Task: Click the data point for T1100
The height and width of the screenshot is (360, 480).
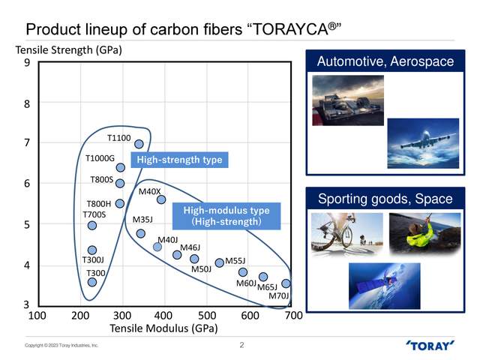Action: [139, 144]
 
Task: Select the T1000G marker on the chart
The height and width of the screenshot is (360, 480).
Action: [120, 167]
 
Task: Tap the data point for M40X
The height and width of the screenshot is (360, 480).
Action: [160, 199]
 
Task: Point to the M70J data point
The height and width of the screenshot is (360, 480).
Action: [286, 283]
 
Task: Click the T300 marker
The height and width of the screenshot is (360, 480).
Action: [92, 282]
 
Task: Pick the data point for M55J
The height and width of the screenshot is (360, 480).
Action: [219, 263]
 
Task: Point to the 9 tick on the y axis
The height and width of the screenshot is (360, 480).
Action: [26, 63]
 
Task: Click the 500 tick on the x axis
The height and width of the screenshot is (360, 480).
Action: [208, 316]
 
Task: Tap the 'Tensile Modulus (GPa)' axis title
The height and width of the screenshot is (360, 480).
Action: [163, 328]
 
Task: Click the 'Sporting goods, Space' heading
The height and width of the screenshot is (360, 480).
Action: [385, 199]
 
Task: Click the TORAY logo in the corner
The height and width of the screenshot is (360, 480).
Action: [430, 346]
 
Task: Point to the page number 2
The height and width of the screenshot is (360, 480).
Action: [241, 346]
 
